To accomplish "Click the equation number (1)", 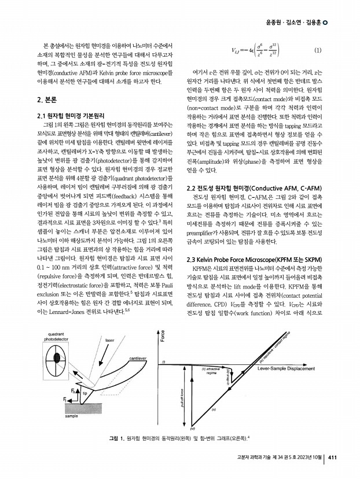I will (317, 50).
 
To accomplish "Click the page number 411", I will (332, 459).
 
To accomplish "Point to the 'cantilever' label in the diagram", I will (137, 359).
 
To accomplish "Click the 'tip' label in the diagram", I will (85, 394).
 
